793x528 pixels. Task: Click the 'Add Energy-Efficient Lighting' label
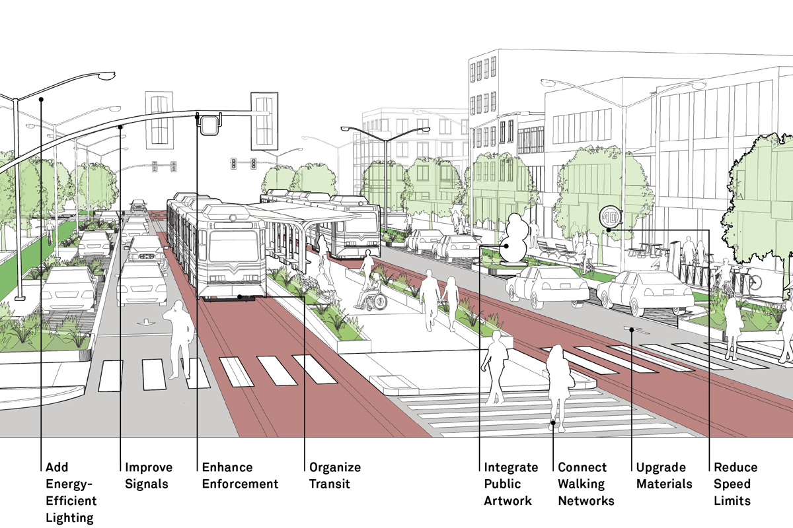pos(71,492)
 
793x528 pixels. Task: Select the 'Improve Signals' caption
pos(148,476)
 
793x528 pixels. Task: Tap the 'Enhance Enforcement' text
pos(240,476)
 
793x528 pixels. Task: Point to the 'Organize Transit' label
pos(335,476)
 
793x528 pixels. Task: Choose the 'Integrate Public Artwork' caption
pos(511,484)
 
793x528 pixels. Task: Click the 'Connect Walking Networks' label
pos(586,484)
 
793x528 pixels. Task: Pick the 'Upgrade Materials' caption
pos(664,476)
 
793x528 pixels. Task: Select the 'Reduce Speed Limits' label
pos(736,484)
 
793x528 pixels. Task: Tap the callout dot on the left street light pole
pos(41,100)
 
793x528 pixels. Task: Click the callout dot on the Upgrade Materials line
pos(632,329)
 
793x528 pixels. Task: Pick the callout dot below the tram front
pos(240,297)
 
